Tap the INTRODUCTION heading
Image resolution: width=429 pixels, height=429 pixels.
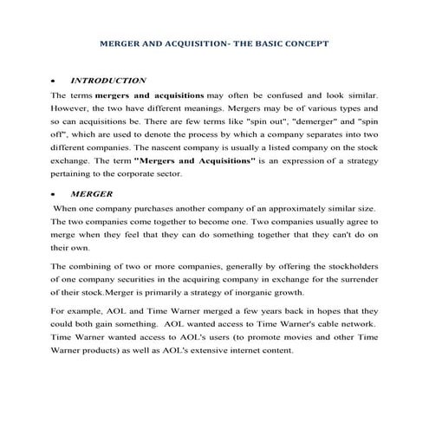[x=108, y=80]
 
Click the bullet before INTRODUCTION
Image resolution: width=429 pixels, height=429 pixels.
[x=54, y=81]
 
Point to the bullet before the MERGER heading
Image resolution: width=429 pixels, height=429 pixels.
[x=54, y=196]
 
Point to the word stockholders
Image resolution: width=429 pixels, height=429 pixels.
[x=349, y=269]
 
